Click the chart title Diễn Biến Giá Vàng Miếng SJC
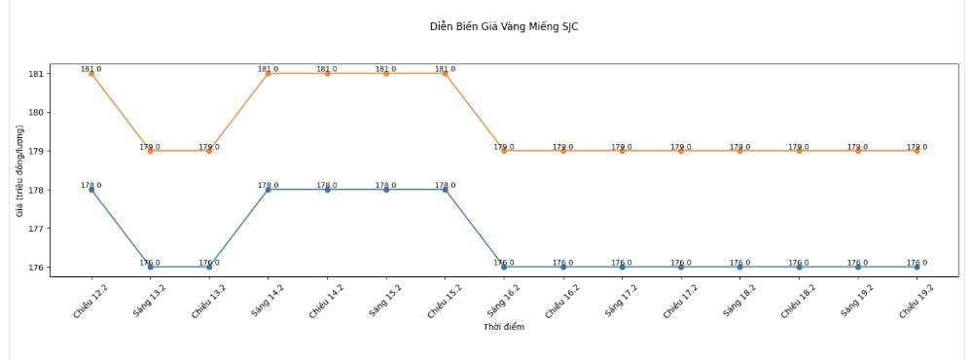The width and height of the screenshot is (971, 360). (504, 26)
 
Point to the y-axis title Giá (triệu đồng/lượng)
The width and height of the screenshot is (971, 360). (20, 170)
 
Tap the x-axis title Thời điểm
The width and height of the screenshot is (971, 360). (503, 327)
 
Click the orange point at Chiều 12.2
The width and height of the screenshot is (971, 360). (91, 74)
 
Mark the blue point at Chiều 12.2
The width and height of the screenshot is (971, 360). (91, 190)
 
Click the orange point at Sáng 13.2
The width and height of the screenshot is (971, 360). (150, 151)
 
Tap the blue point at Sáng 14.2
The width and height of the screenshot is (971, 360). (269, 190)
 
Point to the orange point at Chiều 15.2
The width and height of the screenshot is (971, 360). (446, 74)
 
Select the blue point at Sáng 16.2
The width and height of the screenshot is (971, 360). (504, 267)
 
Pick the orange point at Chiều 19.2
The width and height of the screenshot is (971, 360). (917, 151)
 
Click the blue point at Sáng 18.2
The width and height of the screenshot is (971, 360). (740, 267)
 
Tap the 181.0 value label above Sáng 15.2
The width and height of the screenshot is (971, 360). (386, 69)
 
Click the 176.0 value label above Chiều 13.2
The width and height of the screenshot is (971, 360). (209, 263)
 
